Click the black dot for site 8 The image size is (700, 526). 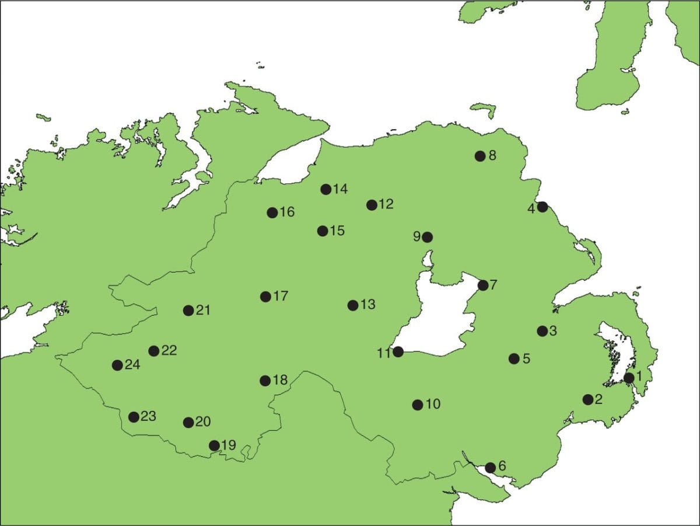[x=480, y=156]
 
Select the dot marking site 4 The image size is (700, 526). [x=542, y=207]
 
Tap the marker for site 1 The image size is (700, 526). [x=629, y=378]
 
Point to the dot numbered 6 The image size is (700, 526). [x=491, y=467]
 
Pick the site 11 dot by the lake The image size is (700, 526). [x=398, y=351]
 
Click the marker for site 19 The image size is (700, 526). [x=214, y=445]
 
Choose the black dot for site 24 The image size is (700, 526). [x=117, y=365]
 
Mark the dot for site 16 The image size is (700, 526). [x=272, y=213]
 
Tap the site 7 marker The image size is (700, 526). [x=483, y=285]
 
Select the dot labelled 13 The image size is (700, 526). [x=353, y=305]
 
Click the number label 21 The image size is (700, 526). [x=203, y=310]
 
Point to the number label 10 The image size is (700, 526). [x=433, y=404]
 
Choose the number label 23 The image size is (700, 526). [x=149, y=416]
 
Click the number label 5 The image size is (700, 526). [x=526, y=358]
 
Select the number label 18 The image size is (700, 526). [x=281, y=380]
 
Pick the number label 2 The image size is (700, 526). [x=599, y=399]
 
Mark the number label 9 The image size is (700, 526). [x=417, y=236]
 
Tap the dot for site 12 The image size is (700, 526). [x=372, y=205]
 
